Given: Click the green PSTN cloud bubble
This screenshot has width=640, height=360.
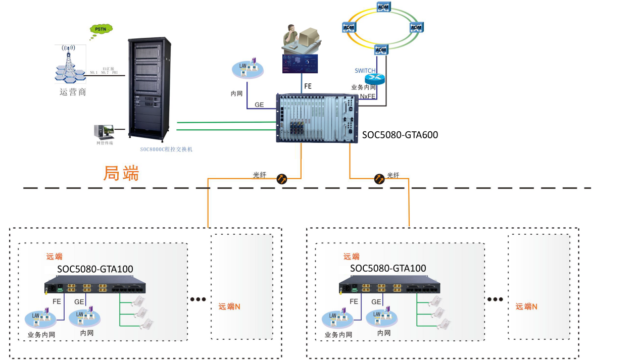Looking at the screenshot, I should pyautogui.click(x=101, y=30).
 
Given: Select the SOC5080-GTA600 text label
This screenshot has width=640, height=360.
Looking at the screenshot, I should pyautogui.click(x=400, y=135).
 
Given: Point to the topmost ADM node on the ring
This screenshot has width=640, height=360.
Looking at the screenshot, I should pyautogui.click(x=383, y=7).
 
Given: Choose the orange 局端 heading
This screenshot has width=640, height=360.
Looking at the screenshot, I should pyautogui.click(x=121, y=174).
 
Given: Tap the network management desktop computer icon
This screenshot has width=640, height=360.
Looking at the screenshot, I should pyautogui.click(x=103, y=131).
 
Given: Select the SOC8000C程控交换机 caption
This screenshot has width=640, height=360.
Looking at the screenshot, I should pyautogui.click(x=166, y=149).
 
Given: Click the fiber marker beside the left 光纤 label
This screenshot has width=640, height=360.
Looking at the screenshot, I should pyautogui.click(x=281, y=178).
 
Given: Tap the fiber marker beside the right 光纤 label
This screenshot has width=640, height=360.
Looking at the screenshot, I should pyautogui.click(x=379, y=178).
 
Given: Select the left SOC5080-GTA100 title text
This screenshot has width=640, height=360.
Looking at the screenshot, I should pyautogui.click(x=95, y=269).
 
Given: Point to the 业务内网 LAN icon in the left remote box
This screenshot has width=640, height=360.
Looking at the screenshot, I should pyautogui.click(x=41, y=318).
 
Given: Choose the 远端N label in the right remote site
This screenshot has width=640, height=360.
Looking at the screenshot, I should pyautogui.click(x=526, y=306).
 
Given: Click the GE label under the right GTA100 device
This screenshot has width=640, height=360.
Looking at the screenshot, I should pyautogui.click(x=376, y=301).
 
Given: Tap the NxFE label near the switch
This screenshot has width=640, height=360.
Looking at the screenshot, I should pyautogui.click(x=367, y=96).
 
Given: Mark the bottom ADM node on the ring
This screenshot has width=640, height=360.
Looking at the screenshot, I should pyautogui.click(x=381, y=49).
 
